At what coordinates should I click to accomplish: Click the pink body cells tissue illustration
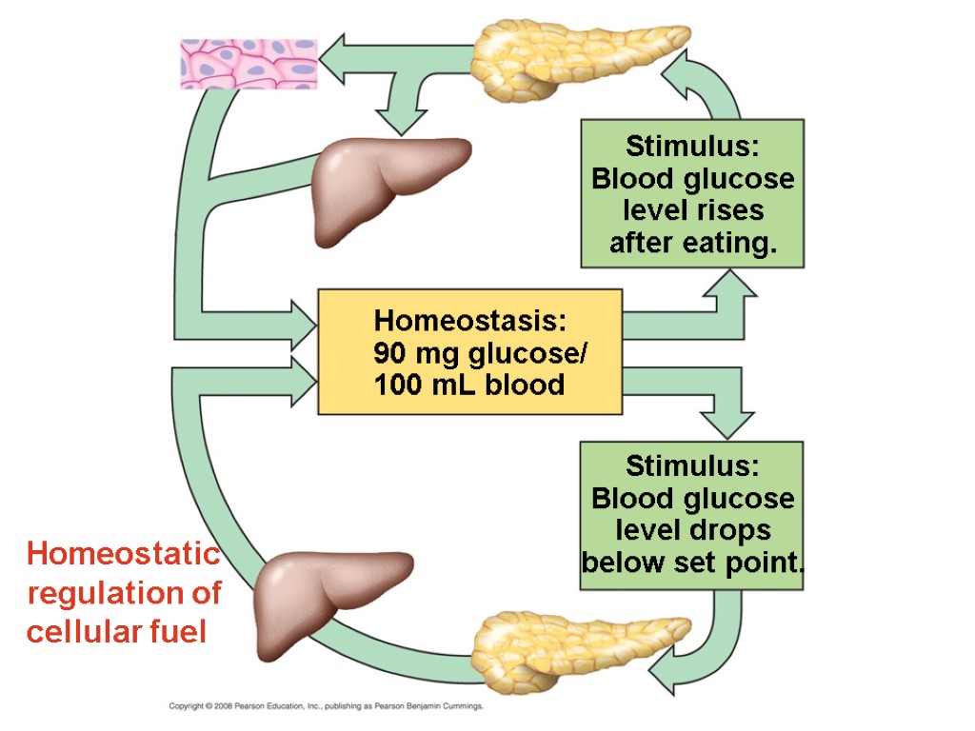point(249,64)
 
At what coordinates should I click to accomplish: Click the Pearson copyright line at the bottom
point(327,706)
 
